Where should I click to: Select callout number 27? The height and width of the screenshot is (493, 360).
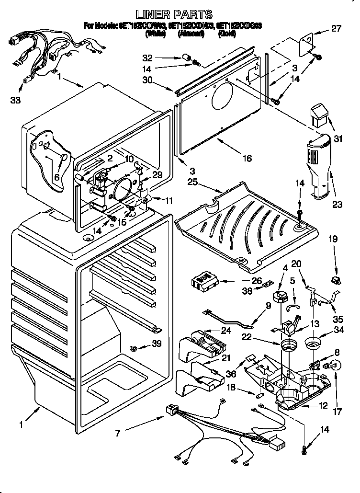coord(336,28)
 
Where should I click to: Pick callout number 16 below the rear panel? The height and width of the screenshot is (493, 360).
coord(247,158)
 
